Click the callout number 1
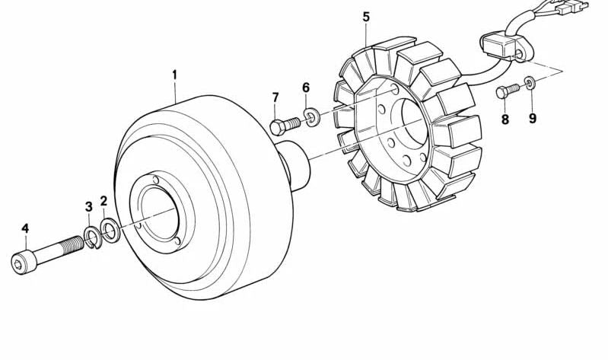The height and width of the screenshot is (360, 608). [174, 75]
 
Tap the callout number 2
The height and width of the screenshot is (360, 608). [103, 201]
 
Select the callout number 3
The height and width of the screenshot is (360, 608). [89, 206]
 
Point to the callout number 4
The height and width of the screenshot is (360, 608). [25, 228]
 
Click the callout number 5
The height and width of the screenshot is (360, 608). [367, 17]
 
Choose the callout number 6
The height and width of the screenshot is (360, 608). [306, 88]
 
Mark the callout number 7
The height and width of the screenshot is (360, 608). [275, 97]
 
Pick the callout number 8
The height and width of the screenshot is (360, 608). [505, 119]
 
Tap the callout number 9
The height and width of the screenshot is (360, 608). [533, 118]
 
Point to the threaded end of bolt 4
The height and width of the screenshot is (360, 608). [72, 244]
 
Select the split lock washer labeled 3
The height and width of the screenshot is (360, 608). [93, 237]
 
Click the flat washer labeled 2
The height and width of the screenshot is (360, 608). [110, 231]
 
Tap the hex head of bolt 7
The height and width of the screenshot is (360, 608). [278, 127]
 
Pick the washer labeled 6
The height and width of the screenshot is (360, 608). [311, 118]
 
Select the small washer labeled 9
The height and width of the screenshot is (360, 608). [530, 83]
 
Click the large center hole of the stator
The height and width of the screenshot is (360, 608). [414, 120]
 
